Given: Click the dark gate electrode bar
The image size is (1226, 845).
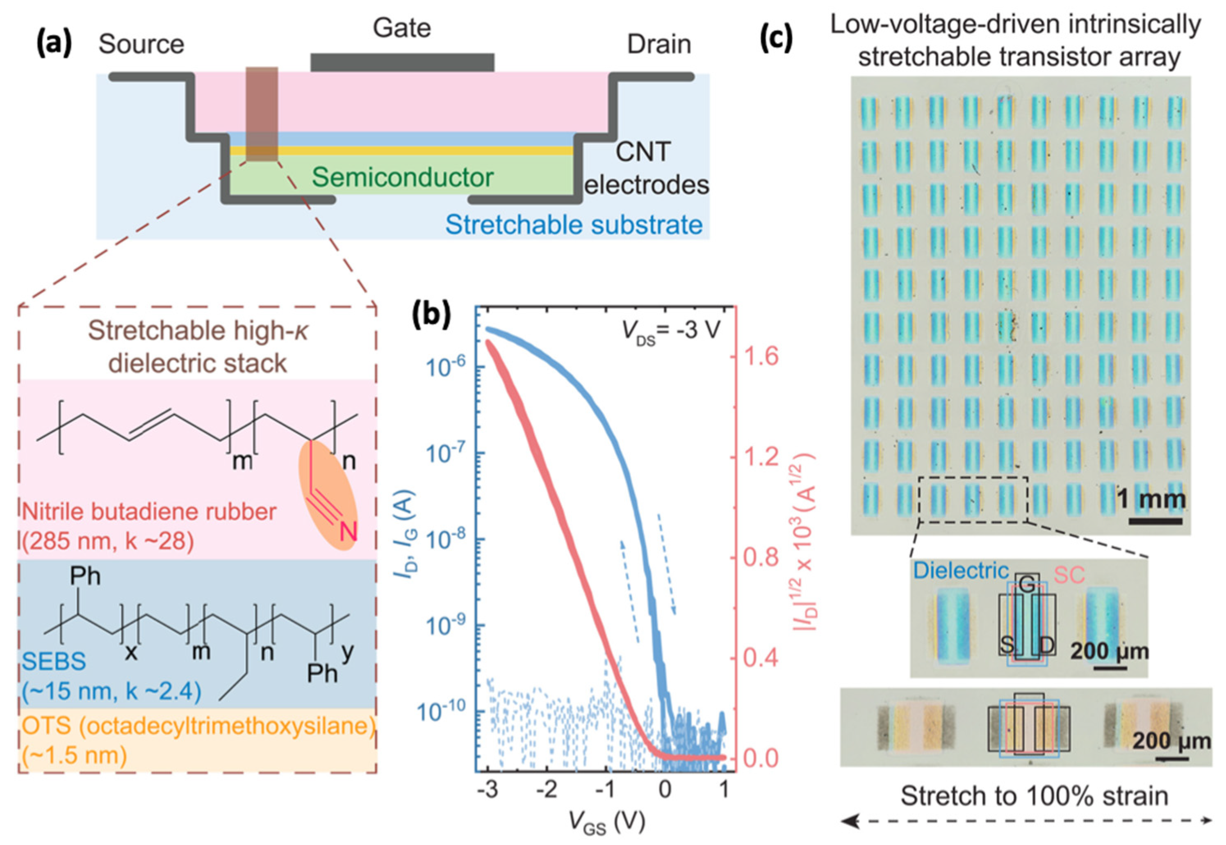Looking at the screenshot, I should (402, 62).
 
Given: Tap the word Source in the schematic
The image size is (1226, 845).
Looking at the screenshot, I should (141, 44).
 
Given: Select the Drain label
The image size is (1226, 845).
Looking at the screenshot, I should (659, 44).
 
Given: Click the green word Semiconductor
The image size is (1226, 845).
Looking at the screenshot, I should (403, 177).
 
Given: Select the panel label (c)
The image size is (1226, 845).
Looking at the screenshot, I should (776, 38).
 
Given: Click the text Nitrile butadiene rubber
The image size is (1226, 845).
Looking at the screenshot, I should (149, 512).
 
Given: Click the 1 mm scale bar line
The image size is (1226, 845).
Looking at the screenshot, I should (1155, 521).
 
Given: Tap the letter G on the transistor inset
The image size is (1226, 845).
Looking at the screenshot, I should (1026, 585).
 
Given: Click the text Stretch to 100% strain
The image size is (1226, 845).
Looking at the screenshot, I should (1026, 796).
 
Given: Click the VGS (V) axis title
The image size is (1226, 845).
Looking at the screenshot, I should (607, 823).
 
